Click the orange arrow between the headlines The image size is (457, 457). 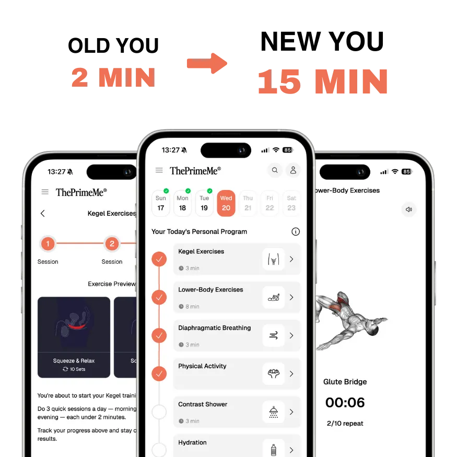[206, 64]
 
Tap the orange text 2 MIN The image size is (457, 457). [113, 77]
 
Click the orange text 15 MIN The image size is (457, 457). [322, 81]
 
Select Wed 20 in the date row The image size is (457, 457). [226, 203]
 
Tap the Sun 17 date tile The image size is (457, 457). [161, 203]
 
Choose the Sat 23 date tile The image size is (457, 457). [291, 203]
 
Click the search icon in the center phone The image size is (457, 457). [275, 170]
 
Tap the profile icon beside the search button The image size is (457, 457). [293, 170]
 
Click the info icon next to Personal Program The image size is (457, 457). [296, 231]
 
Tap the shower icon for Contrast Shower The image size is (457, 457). [273, 412]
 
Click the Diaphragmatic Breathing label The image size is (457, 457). [215, 328]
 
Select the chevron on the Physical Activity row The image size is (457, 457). [291, 374]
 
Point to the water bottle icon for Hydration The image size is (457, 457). [273, 449]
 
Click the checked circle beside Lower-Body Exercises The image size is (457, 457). [159, 298]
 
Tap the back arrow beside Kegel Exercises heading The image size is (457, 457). [43, 213]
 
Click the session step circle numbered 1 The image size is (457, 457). [48, 243]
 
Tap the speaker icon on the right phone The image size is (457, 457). [408, 209]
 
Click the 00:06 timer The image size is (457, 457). [345, 403]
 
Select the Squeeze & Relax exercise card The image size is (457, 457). [74, 337]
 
